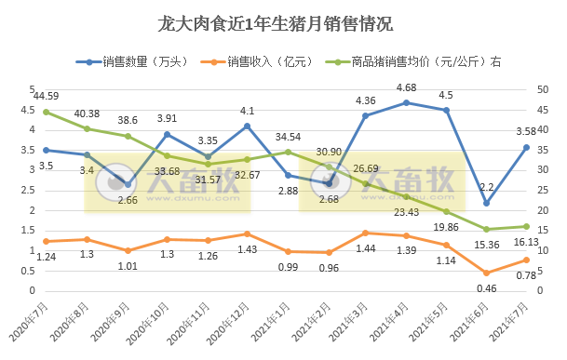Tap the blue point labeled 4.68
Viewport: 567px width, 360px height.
click(406, 102)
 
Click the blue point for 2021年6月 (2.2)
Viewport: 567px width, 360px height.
click(486, 203)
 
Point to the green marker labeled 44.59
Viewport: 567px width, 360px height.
click(46, 112)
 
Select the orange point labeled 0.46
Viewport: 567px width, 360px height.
click(486, 273)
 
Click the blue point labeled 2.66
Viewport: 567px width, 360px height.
click(127, 184)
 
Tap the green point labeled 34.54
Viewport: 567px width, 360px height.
click(287, 152)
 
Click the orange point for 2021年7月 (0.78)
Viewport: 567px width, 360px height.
click(526, 260)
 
